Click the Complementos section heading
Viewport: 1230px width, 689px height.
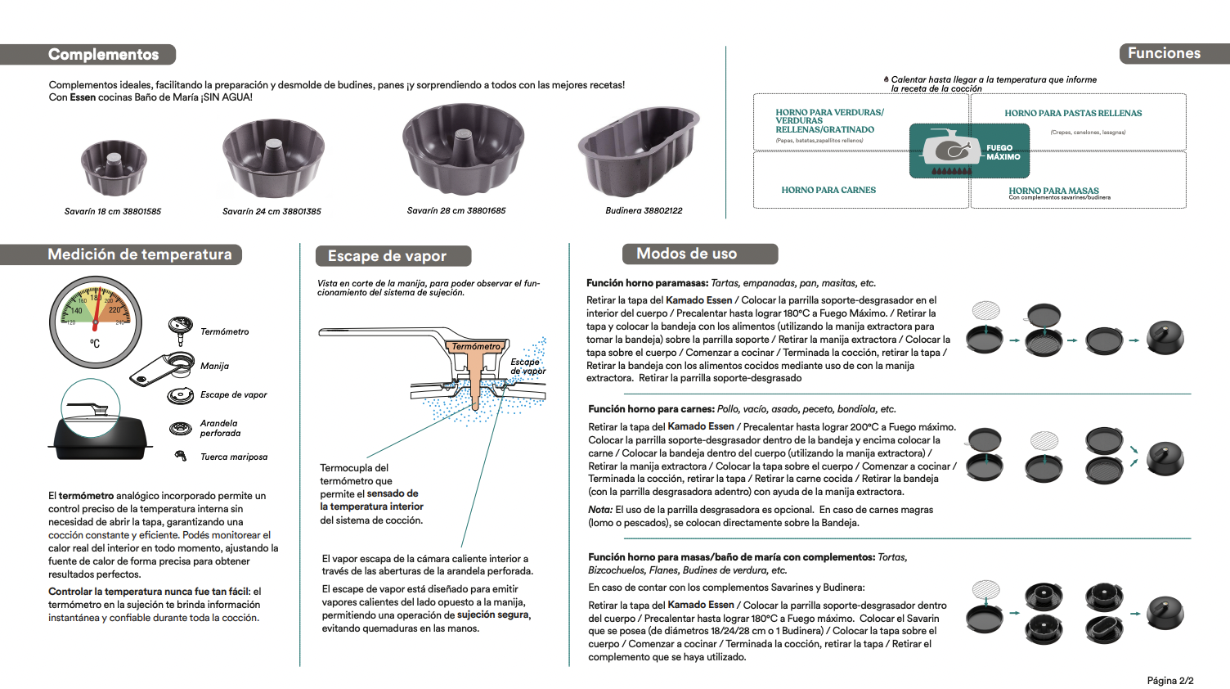[x=104, y=55]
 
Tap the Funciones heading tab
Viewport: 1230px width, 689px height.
[x=1164, y=53]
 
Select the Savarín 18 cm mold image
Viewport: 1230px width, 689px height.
[x=114, y=167]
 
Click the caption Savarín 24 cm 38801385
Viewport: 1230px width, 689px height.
[x=272, y=211]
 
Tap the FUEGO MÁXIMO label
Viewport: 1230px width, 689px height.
[x=1003, y=152]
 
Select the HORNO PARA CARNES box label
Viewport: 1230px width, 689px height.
[x=828, y=190]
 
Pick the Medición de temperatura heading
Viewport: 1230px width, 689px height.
[x=140, y=254]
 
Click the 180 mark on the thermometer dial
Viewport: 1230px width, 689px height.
[x=97, y=298]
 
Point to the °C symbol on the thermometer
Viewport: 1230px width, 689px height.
[x=95, y=344]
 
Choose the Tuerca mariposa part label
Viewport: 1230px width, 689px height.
[x=234, y=457]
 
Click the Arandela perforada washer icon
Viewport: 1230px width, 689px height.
[x=180, y=428]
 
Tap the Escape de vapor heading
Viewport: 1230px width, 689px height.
[x=387, y=256]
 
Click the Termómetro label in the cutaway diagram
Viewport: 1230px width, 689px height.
[x=476, y=346]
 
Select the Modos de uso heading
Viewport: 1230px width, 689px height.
[x=686, y=254]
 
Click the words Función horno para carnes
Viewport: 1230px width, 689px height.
[x=651, y=409]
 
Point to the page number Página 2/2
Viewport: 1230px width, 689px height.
[x=1169, y=681]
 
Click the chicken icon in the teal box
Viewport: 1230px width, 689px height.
[x=951, y=150]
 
